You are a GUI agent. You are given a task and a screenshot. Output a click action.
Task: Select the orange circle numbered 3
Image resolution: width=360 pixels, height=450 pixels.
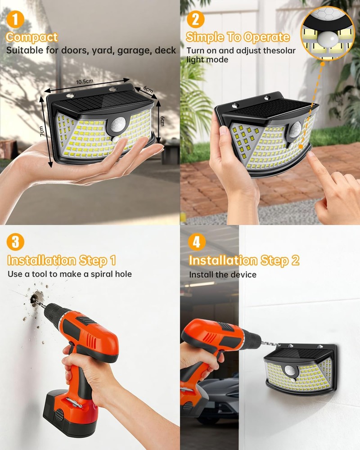[x=16, y=242]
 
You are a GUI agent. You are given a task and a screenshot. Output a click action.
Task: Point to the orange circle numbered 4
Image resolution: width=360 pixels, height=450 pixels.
[x=196, y=242]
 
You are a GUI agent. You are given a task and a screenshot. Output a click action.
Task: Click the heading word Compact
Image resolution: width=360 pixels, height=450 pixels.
[x=31, y=37]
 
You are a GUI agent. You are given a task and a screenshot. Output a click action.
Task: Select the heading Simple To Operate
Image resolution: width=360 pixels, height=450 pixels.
[x=238, y=37]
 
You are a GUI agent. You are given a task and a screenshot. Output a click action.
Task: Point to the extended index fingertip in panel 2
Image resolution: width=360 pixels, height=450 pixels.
[x=311, y=155]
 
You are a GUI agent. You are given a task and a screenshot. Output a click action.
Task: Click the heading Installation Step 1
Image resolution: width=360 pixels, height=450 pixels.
[x=62, y=260]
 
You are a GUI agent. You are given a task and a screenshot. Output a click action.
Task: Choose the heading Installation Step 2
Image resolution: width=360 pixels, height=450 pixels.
[x=244, y=260]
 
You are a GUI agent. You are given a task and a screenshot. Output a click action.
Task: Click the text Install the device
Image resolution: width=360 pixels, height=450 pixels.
[x=222, y=274]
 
